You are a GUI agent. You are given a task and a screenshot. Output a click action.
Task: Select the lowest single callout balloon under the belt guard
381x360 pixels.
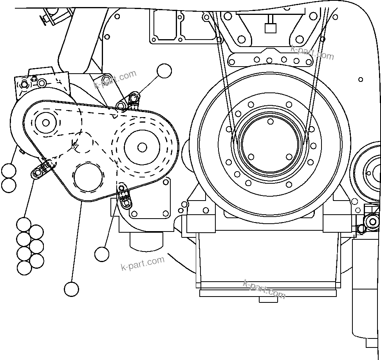coord(71,289)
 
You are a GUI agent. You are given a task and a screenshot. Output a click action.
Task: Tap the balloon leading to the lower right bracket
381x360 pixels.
coord(102,254)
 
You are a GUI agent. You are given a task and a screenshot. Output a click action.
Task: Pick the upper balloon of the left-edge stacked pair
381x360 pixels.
coord(9,171)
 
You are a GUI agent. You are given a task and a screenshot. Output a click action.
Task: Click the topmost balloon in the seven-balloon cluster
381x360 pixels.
coord(24,224)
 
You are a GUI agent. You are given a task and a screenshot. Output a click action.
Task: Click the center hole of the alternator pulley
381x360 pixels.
coord(46,123)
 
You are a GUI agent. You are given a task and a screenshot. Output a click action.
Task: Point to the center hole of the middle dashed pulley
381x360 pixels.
coord(142,147)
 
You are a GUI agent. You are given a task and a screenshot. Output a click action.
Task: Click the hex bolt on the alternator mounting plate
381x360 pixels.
coord(24,85)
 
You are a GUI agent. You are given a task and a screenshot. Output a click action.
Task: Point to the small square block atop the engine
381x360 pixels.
coord(269,28)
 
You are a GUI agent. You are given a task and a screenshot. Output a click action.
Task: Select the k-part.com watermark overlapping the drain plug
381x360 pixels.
coord(264,289)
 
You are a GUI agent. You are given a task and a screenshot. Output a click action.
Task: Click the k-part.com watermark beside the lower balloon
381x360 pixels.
coord(143,263)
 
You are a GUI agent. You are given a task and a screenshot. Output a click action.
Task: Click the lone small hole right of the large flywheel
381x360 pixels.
coord(361,79)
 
